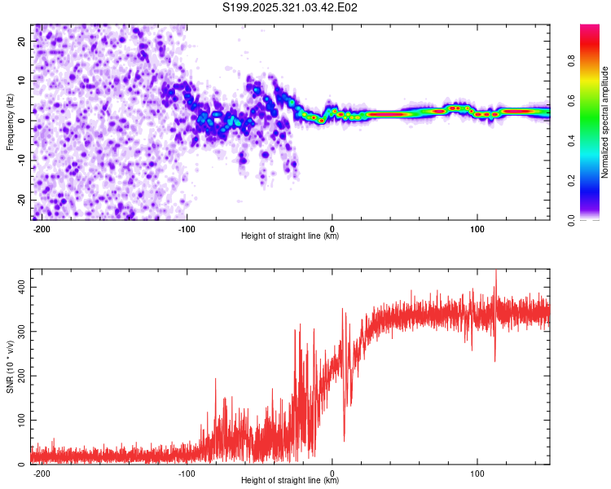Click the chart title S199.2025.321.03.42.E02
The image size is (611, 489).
pos(291,7)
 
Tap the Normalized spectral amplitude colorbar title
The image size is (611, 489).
pos(605,122)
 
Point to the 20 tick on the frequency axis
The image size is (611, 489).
pos(22,41)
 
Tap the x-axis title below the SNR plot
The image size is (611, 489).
pos(290,481)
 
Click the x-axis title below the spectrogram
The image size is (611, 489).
pos(290,236)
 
